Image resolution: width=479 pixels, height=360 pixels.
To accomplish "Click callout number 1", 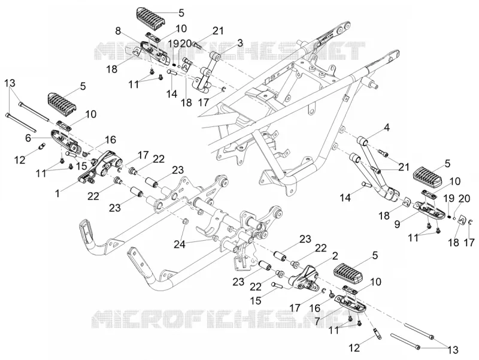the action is click(x=57, y=193).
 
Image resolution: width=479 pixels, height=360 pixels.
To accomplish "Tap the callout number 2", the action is click(x=335, y=256).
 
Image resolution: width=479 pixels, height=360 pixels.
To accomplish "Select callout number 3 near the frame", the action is click(x=241, y=43).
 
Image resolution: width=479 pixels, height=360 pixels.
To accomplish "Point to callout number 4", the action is click(x=387, y=128).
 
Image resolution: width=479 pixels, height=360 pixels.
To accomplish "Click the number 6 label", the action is click(x=28, y=138).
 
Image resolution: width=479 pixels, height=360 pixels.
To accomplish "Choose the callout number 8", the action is click(x=118, y=31).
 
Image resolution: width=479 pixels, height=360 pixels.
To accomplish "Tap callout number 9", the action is click(x=397, y=224).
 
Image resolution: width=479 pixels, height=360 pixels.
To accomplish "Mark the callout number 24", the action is click(x=180, y=244).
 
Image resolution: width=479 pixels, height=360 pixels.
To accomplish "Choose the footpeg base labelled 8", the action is click(x=154, y=52).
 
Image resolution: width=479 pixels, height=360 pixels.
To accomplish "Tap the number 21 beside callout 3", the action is click(x=217, y=31).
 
